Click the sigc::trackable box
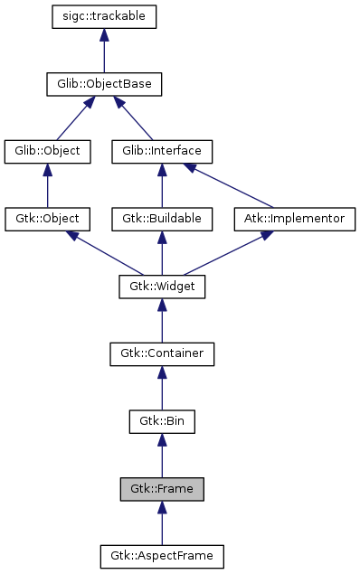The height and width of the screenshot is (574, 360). (105, 17)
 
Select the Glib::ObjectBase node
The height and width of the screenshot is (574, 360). (105, 84)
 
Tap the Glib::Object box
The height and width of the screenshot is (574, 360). (48, 151)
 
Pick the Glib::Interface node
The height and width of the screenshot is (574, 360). (162, 151)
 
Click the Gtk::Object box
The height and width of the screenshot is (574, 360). (48, 219)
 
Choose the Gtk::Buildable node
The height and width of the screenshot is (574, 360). (162, 219)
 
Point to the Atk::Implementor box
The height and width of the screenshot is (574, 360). (295, 219)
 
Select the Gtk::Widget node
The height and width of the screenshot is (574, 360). (162, 287)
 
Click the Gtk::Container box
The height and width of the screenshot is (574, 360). (162, 353)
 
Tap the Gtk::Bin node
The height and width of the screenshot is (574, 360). (162, 421)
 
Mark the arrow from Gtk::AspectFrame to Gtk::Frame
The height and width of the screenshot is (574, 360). (162, 522)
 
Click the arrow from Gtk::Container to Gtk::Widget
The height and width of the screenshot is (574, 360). (162, 320)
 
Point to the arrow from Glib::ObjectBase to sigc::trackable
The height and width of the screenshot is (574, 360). (105, 51)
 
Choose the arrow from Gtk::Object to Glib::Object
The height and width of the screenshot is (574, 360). (48, 185)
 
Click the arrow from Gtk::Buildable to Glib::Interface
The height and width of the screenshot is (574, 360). (162, 185)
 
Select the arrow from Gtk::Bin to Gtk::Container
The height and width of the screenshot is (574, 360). (162, 388)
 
